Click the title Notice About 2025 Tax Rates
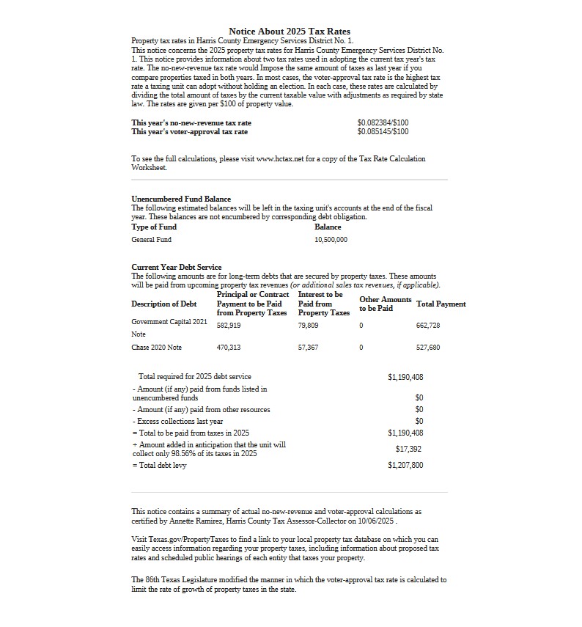(x=290, y=32)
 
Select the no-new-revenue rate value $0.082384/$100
(x=383, y=122)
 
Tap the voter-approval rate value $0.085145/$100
(x=383, y=132)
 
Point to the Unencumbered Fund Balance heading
(x=181, y=199)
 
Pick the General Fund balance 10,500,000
(x=331, y=240)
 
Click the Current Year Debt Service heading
(x=176, y=267)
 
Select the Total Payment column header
(x=441, y=304)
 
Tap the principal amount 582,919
(x=229, y=325)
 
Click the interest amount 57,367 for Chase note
(x=308, y=348)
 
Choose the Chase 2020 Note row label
(x=156, y=348)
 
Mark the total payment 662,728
(x=428, y=325)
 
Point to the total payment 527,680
(x=428, y=348)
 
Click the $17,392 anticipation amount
(x=408, y=449)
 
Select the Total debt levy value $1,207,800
(x=405, y=465)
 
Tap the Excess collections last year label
(x=178, y=422)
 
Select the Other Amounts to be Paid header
(x=385, y=304)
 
